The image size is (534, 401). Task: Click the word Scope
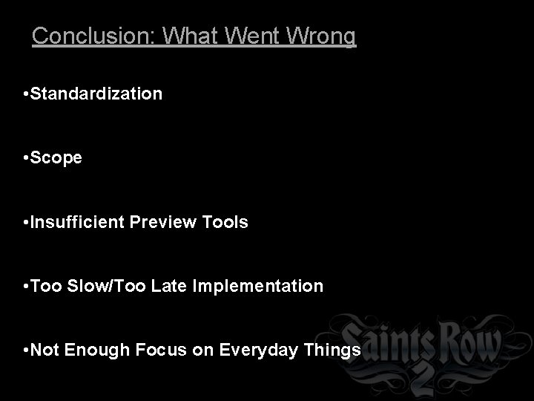point(56,159)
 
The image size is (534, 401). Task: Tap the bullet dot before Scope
point(26,159)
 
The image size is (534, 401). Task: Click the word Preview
point(164,222)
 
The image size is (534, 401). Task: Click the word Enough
point(94,350)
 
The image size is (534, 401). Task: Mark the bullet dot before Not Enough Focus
point(26,350)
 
